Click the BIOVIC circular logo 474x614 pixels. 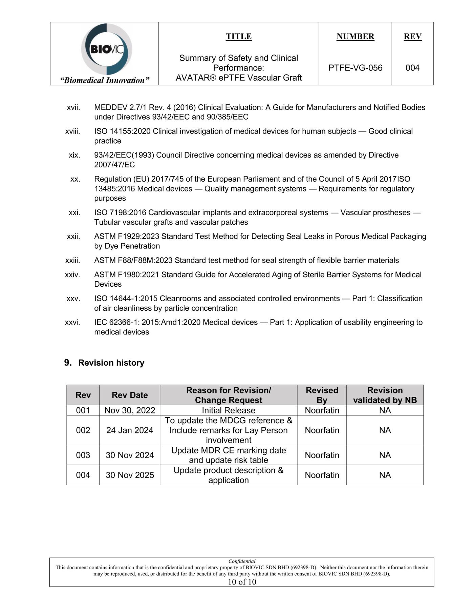(x=106, y=49)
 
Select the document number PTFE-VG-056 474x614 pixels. (x=355, y=68)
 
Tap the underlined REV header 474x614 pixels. (x=412, y=37)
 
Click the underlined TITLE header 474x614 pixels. (x=239, y=37)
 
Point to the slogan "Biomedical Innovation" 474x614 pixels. (x=105, y=80)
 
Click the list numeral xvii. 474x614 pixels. (x=73, y=107)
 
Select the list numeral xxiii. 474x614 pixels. (x=72, y=260)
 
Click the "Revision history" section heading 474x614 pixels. (x=111, y=363)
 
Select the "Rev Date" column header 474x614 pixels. (x=130, y=395)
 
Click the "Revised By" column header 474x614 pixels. (x=322, y=395)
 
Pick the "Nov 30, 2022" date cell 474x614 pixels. (x=130, y=410)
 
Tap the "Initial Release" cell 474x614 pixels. (x=229, y=410)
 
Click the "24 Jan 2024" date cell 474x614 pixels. (x=130, y=430)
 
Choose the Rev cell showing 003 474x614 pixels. (x=83, y=455)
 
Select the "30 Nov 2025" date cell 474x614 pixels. (x=130, y=475)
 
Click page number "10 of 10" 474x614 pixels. (x=242, y=582)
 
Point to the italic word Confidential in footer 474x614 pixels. (x=242, y=561)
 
